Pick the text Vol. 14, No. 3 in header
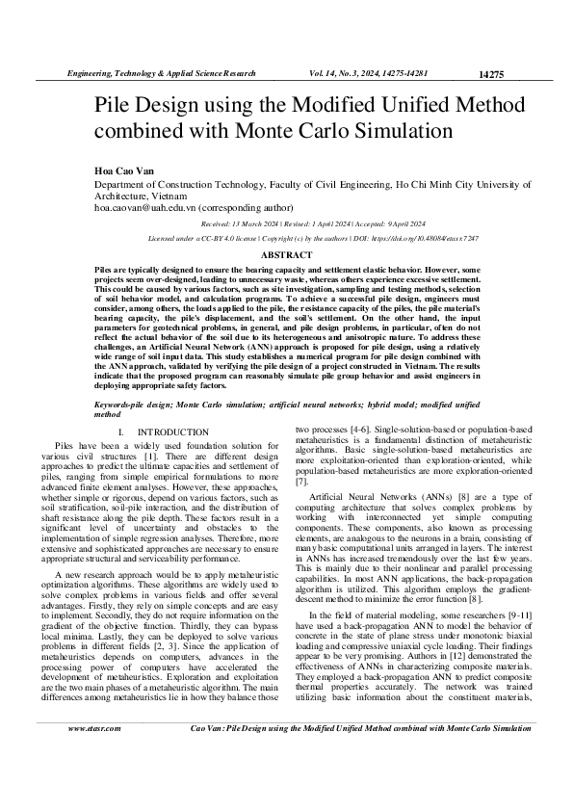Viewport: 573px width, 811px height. click(x=343, y=73)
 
